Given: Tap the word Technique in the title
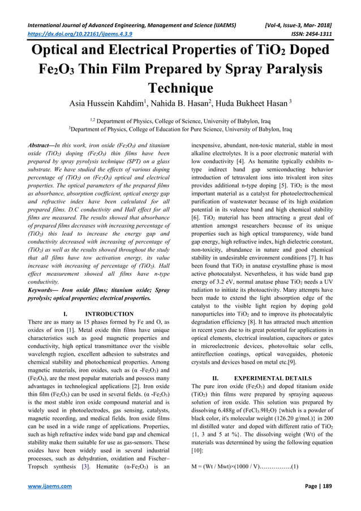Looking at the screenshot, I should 180,88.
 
